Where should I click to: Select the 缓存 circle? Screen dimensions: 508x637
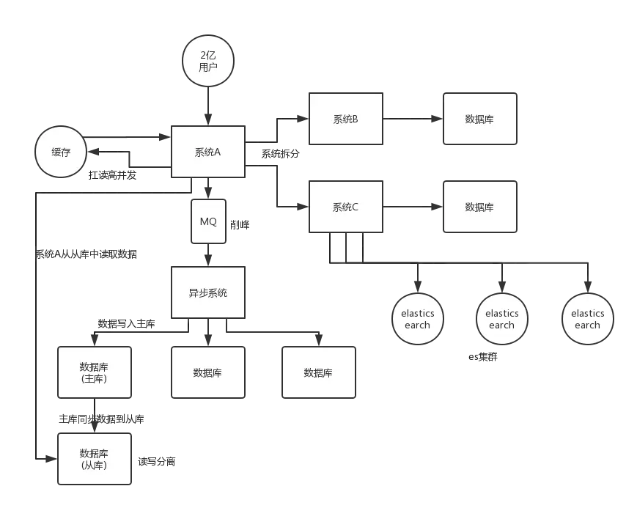coord(61,152)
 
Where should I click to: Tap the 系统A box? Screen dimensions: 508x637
coord(207,152)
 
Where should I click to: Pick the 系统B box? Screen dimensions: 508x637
coord(345,119)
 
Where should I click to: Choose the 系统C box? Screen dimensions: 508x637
coord(345,207)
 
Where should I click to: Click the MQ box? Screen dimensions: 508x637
coord(207,221)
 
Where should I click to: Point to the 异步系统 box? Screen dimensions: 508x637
coord(207,292)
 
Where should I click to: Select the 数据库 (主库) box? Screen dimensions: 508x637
coord(95,372)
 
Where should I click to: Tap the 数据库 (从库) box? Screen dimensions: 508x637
coord(95,458)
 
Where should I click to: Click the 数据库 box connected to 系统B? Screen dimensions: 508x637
coord(479,119)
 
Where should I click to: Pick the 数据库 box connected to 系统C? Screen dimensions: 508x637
coord(479,207)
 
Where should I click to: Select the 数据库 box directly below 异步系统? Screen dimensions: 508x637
coord(207,372)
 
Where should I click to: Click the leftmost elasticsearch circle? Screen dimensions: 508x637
coord(418,319)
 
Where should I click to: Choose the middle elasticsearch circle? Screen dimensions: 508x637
coord(502,319)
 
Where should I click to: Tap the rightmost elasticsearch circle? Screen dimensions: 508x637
coord(587,319)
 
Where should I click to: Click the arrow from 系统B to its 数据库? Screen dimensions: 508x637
coord(412,119)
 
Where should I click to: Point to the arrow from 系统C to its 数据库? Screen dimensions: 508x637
coord(412,207)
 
